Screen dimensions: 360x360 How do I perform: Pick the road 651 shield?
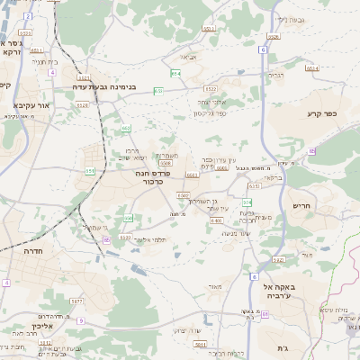(x=90, y=169)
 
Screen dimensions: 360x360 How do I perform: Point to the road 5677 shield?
(x=76, y=301)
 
